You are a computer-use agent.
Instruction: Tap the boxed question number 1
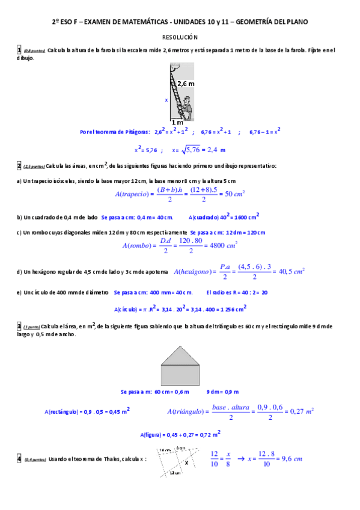click(19, 50)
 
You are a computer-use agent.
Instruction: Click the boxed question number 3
click(19, 326)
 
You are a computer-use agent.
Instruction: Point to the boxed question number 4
click(19, 459)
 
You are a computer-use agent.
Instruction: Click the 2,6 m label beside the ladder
click(186, 85)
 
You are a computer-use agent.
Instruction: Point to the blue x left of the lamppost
click(166, 100)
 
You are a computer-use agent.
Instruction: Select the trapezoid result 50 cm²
click(233, 194)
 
